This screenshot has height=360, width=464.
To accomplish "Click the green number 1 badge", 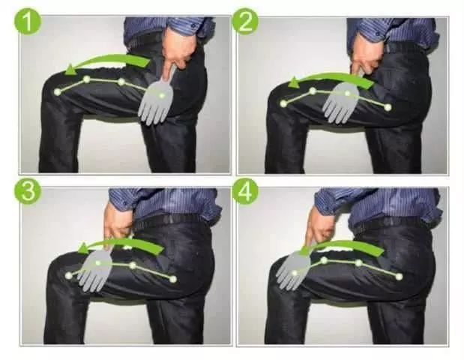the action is (28, 20).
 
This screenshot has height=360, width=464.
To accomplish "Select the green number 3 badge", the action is (28, 191).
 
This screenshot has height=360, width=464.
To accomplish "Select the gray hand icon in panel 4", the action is (295, 270).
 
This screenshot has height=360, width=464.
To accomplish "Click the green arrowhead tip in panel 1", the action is (66, 71).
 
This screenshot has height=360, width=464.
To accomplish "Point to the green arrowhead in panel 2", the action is (293, 83).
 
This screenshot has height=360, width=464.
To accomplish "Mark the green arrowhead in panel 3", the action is (83, 248).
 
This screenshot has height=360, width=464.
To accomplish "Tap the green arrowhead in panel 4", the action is (304, 250).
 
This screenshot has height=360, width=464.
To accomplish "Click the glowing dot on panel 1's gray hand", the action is (162, 95).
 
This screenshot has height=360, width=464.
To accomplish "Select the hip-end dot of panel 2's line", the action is (388, 107).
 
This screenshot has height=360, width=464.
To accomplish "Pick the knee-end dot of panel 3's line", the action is (69, 275).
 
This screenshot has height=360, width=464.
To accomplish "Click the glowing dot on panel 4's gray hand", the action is (295, 273).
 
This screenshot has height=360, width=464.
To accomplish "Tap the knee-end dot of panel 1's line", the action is (58, 91).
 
